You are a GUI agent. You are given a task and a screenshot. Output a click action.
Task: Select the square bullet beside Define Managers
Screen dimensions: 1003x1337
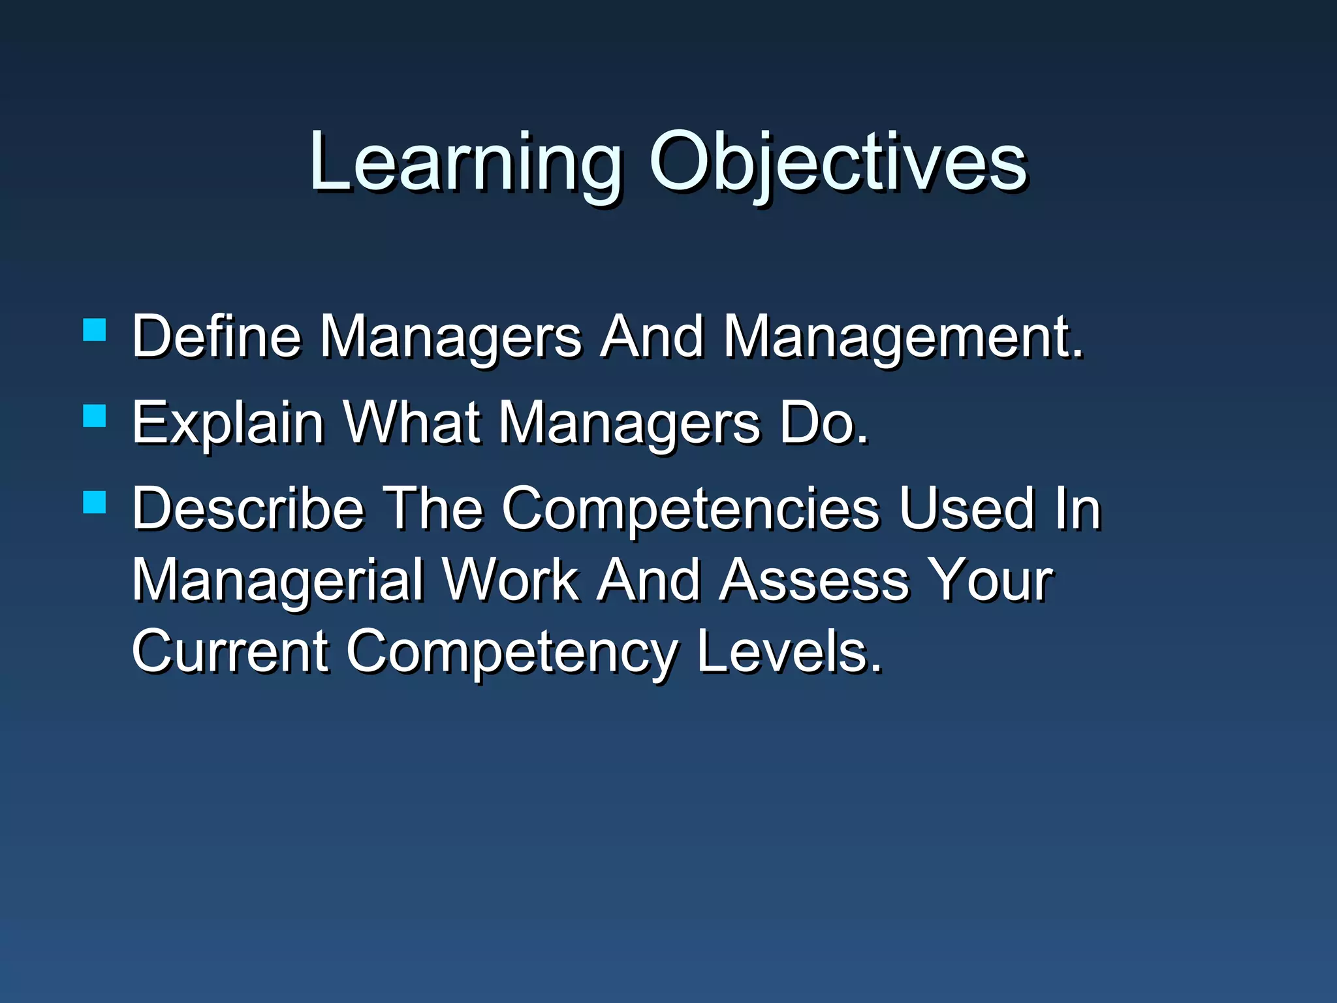pyautogui.click(x=95, y=330)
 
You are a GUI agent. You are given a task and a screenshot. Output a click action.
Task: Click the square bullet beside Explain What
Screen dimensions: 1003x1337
pyautogui.click(x=95, y=416)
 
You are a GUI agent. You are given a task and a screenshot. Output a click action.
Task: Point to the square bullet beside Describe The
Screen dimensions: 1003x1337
pyautogui.click(x=95, y=502)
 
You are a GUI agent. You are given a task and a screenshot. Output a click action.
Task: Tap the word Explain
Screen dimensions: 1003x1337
pyautogui.click(x=228, y=422)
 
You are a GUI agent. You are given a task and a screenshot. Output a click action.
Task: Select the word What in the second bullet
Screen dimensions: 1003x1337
pyautogui.click(x=412, y=422)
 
